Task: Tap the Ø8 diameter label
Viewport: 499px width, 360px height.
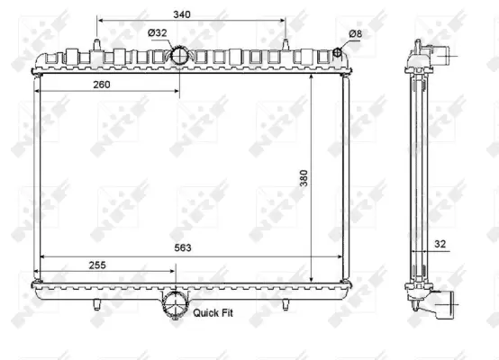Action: tap(356, 33)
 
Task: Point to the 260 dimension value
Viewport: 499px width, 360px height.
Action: tap(101, 85)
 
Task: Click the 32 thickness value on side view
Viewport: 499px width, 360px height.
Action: tap(440, 242)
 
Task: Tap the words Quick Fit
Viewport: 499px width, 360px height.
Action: tap(214, 313)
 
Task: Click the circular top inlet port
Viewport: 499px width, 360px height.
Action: tap(178, 57)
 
